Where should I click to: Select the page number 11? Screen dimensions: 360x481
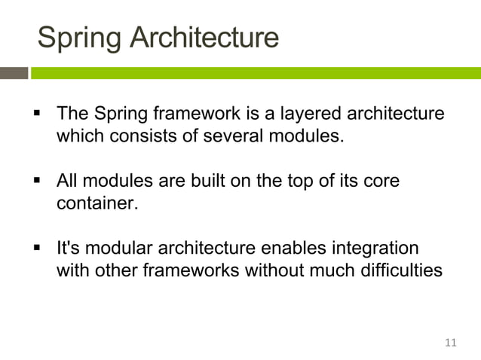point(452,343)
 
